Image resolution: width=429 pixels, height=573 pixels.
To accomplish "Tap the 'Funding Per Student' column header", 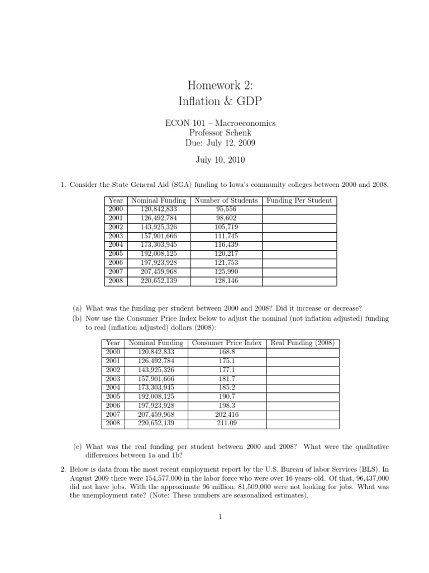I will (x=299, y=200).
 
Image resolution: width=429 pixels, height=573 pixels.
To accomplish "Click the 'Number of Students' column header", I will (x=226, y=200).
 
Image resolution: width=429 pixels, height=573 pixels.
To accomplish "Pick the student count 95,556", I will (x=226, y=209).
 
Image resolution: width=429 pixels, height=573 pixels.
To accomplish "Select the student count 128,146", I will (x=226, y=280).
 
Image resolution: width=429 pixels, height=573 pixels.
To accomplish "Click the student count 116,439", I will (x=226, y=245).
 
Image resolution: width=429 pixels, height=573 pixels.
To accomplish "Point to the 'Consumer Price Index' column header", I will (x=226, y=343).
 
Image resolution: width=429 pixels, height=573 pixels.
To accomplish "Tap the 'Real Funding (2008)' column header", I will (x=302, y=343).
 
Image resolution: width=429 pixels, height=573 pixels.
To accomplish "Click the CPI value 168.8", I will (x=226, y=352).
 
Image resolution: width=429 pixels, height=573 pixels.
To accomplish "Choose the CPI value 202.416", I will (x=226, y=415).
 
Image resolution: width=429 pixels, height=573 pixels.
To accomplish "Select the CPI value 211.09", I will (x=226, y=424).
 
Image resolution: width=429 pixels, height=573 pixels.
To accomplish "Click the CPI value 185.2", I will (x=226, y=388).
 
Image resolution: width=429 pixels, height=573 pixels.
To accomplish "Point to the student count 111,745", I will (x=226, y=236).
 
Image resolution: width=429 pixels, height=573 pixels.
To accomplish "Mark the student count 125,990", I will (x=226, y=271).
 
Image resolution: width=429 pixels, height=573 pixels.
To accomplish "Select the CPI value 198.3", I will (x=226, y=406).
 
